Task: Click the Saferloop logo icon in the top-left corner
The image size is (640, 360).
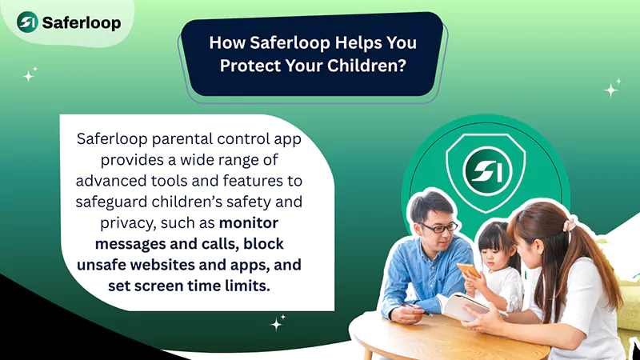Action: click(x=29, y=22)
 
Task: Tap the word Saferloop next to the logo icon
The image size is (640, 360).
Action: click(x=81, y=22)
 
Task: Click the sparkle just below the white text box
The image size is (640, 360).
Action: click(x=278, y=323)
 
